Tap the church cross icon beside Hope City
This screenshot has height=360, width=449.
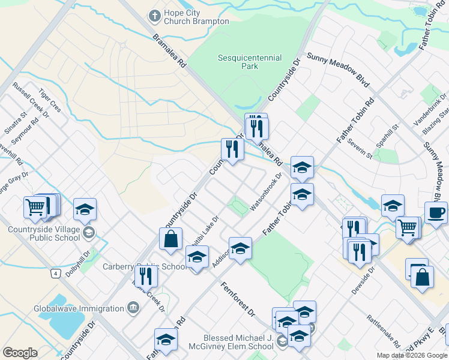pyautogui.click(x=155, y=14)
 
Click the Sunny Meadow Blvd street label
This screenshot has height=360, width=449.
pyautogui.click(x=337, y=70)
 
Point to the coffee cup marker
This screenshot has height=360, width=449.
pyautogui.click(x=436, y=212)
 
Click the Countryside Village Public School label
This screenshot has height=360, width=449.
pyautogui.click(x=44, y=233)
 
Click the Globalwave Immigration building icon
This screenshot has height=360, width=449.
pyautogui.click(x=133, y=308)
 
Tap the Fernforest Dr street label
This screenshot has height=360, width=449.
pyautogui.click(x=238, y=300)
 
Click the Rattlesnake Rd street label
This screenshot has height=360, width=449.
pyautogui.click(x=384, y=330)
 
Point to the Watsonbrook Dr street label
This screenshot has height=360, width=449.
pyautogui.click(x=266, y=191)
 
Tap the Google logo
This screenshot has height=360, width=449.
pyautogui.click(x=20, y=353)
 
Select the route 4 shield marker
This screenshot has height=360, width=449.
pyautogui.click(x=55, y=274)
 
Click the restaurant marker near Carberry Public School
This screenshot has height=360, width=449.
pyautogui.click(x=145, y=276)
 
